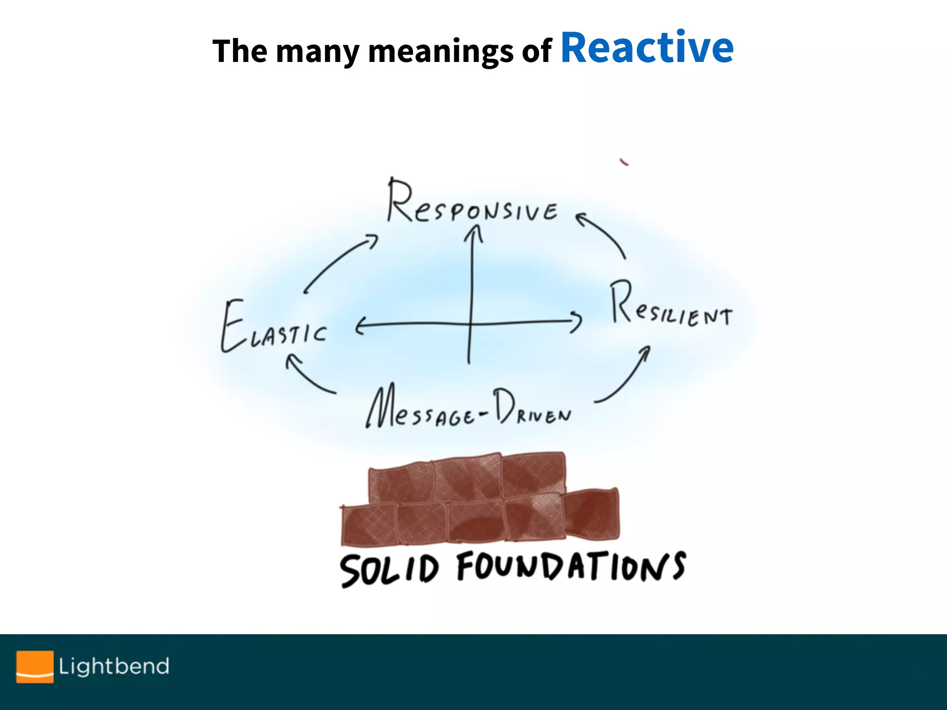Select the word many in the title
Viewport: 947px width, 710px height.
pyautogui.click(x=318, y=51)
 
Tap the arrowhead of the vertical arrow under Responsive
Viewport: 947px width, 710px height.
pyautogui.click(x=473, y=231)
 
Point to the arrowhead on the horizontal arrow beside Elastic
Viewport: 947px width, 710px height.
pyautogui.click(x=361, y=326)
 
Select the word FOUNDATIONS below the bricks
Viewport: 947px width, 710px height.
pyautogui.click(x=571, y=566)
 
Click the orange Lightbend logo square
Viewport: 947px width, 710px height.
pyautogui.click(x=35, y=666)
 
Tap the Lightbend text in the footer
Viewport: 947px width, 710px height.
pyautogui.click(x=114, y=666)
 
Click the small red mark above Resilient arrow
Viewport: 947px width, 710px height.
pyautogui.click(x=624, y=162)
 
